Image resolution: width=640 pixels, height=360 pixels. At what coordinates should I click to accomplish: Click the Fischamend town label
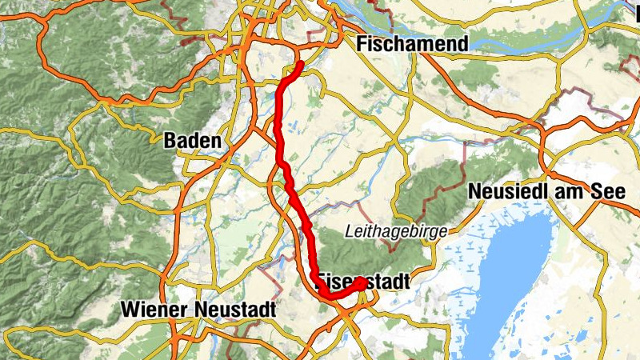413,44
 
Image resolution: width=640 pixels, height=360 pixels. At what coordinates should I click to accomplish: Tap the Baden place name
192,141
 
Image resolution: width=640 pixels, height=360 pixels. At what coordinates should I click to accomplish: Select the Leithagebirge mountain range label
396,232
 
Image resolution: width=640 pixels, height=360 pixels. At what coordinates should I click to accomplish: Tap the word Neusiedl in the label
502,192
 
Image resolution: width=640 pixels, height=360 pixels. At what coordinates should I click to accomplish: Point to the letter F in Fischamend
364,44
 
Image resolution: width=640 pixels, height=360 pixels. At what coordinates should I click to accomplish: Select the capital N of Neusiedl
475,192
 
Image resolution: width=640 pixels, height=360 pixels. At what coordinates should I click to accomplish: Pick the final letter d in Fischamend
462,44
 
